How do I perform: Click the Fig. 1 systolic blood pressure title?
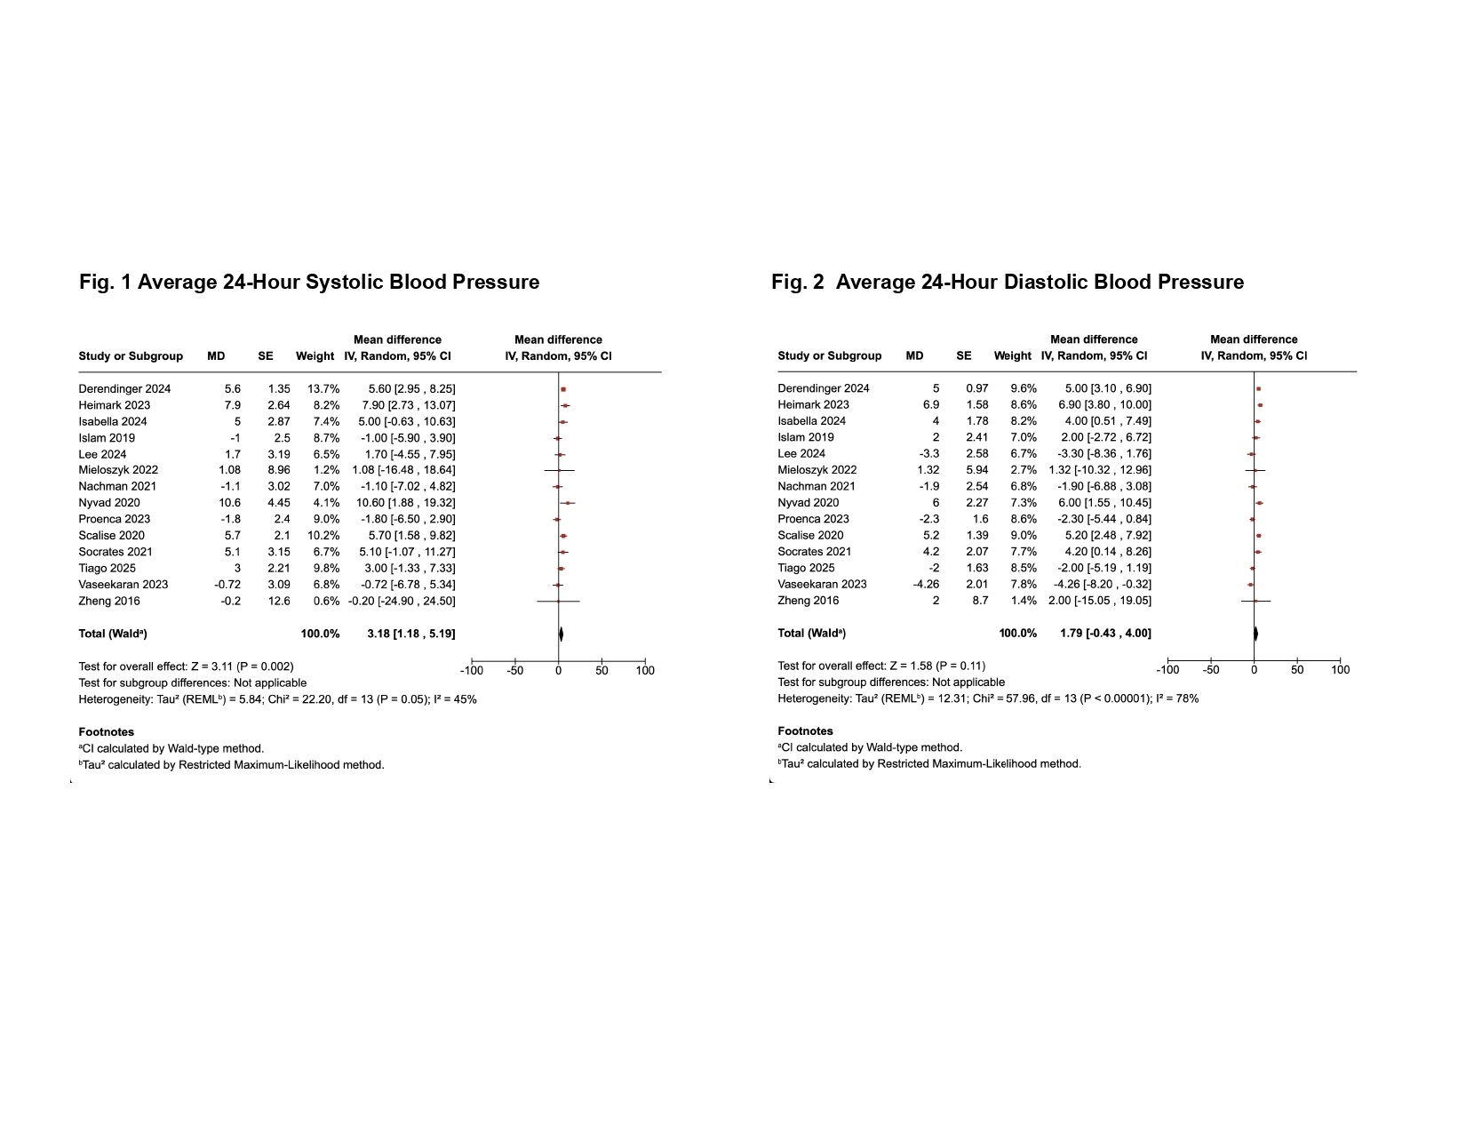309,283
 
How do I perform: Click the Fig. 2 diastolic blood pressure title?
1007,283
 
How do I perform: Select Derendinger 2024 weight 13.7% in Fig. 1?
323,389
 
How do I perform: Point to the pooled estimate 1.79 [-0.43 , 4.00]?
1105,634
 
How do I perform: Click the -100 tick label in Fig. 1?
471,671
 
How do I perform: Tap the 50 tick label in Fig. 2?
1297,670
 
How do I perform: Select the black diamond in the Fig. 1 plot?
561,634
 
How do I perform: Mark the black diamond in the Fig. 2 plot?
1255,634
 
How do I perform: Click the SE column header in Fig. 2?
964,356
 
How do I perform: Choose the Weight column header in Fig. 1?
315,356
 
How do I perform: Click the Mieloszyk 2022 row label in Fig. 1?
118,470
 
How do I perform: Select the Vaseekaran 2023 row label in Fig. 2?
822,585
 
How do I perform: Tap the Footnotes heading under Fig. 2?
805,731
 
